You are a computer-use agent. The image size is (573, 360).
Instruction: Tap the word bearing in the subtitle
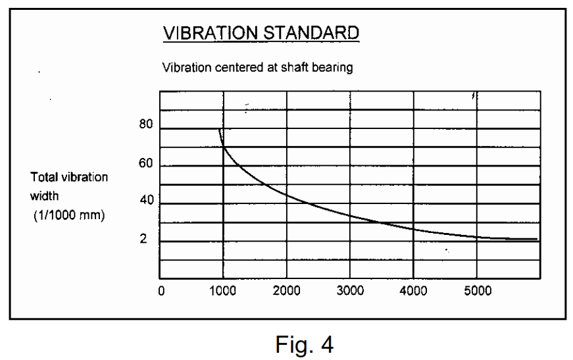coord(335,68)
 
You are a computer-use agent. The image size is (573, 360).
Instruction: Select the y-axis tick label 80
coord(145,126)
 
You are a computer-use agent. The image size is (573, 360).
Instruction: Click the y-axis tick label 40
coord(145,201)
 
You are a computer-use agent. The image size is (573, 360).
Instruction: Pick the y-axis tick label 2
coord(143,239)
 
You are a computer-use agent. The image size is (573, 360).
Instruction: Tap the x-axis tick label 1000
coord(224,292)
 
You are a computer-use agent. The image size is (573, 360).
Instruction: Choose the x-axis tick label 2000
coord(287,292)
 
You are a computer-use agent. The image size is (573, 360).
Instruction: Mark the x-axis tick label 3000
coord(350,292)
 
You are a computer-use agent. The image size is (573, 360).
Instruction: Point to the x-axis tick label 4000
coord(413,292)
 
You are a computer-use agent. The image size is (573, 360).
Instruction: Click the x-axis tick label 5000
coord(477,292)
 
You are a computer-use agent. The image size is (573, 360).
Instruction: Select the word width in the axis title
coord(44,196)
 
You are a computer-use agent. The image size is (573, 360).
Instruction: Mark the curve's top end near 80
coord(220,130)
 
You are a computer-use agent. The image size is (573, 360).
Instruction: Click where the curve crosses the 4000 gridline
coord(413,229)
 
